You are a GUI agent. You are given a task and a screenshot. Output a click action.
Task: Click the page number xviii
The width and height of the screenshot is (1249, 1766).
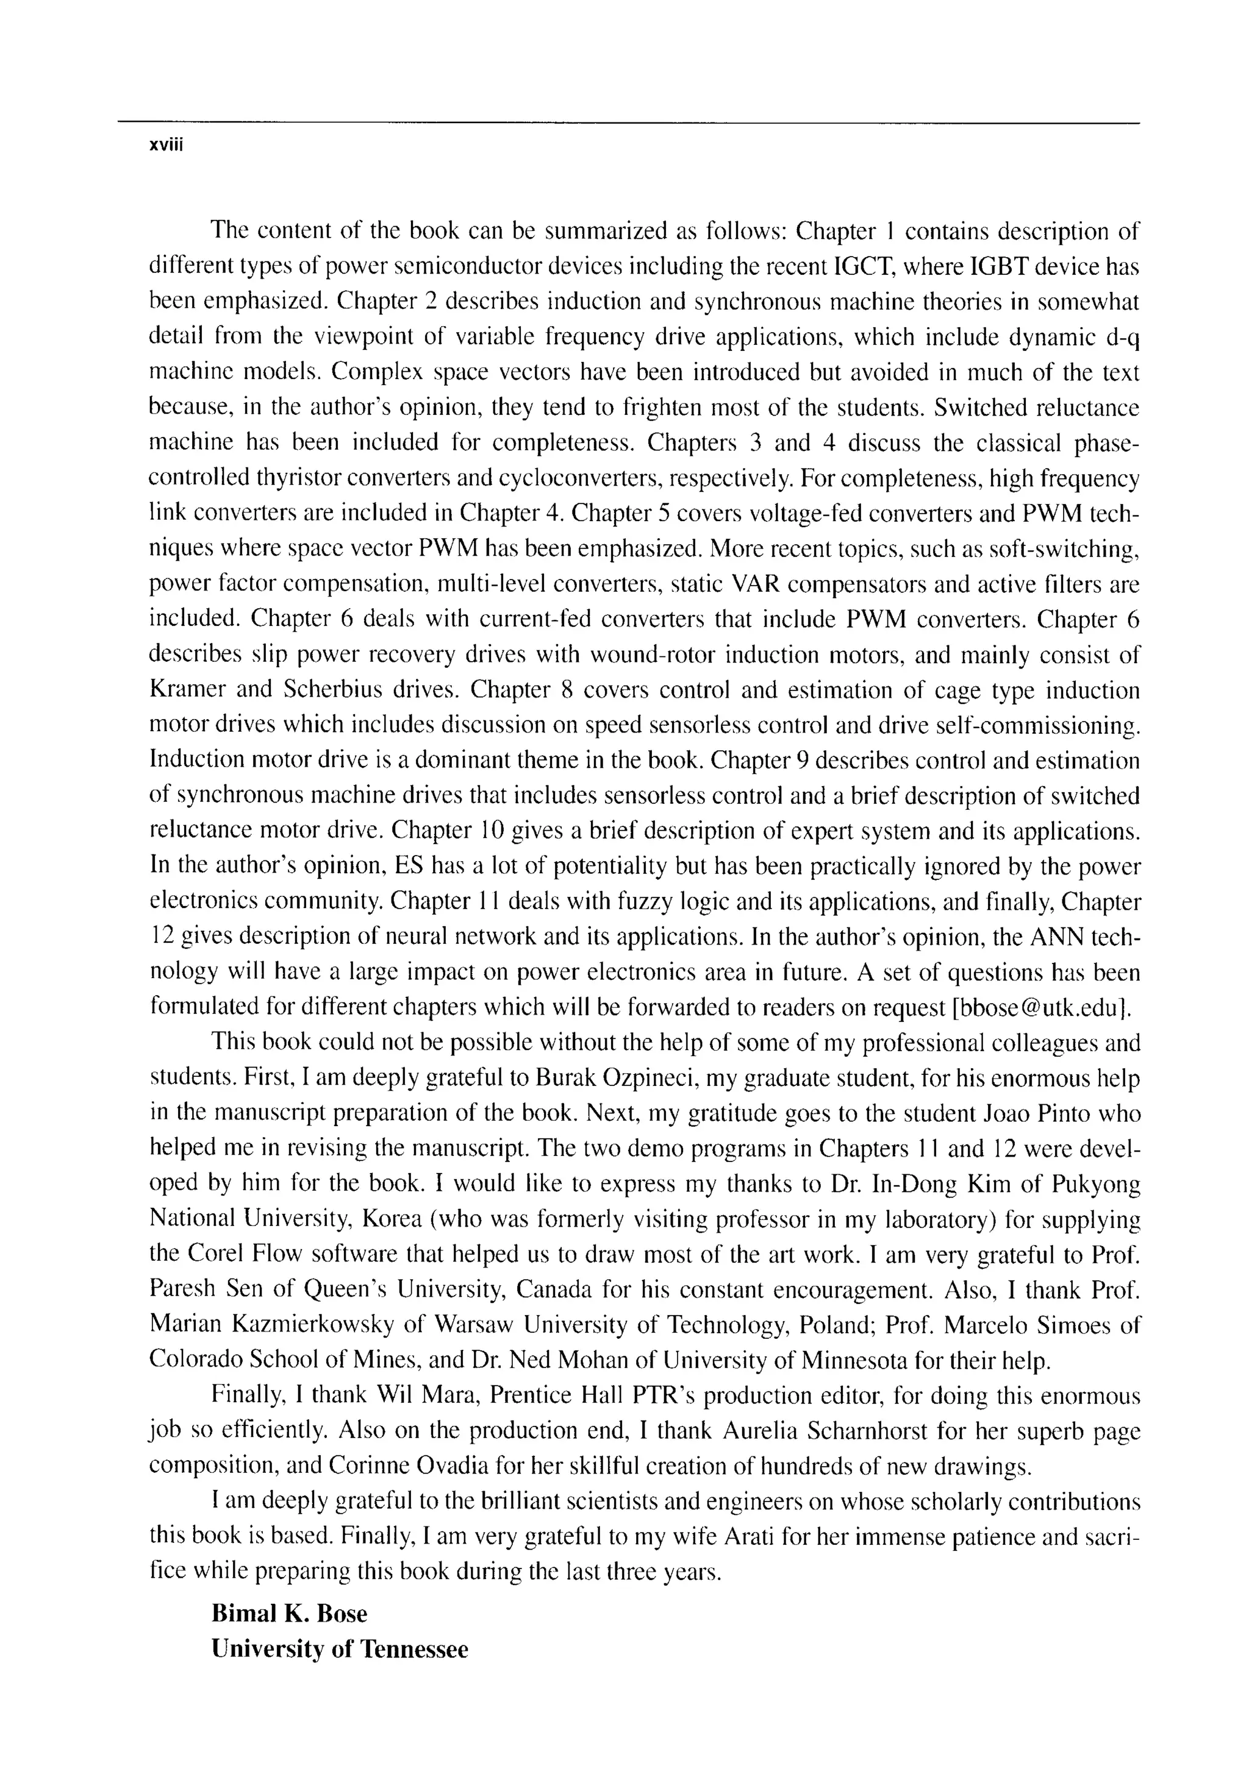[163, 146]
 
